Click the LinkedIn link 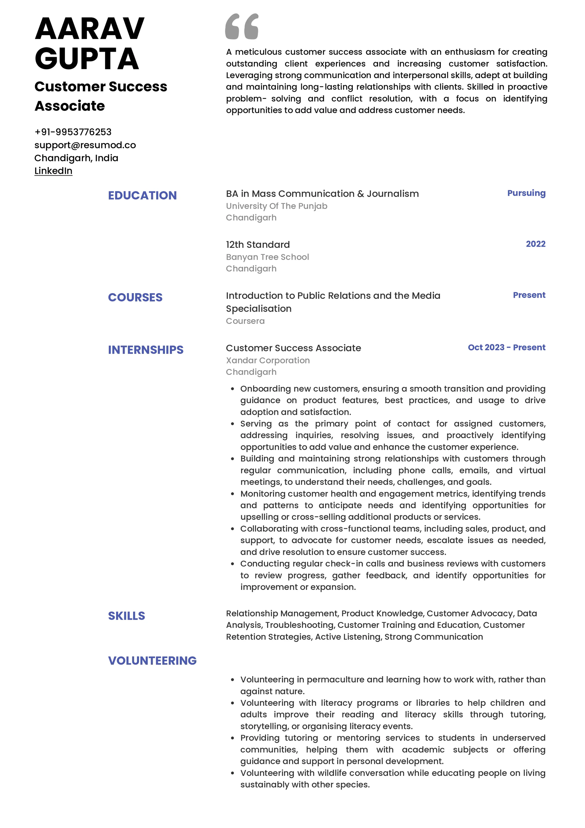tap(53, 171)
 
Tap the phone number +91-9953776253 tap(73, 132)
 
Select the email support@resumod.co tap(85, 145)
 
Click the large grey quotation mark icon tap(242, 26)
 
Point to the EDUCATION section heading tap(142, 195)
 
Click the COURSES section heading tap(135, 298)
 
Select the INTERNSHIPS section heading tap(146, 350)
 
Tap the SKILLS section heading tap(127, 616)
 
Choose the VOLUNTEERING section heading tap(152, 661)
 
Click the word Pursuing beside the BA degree tap(526, 193)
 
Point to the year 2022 tap(535, 244)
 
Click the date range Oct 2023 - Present tap(506, 348)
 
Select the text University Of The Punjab tap(276, 206)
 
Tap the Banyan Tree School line tap(267, 257)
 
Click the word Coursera tap(245, 321)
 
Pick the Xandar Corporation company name tap(268, 361)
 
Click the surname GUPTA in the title tap(87, 59)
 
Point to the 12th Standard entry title tap(258, 245)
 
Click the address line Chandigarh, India tap(76, 158)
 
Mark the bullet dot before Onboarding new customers tap(233, 389)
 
